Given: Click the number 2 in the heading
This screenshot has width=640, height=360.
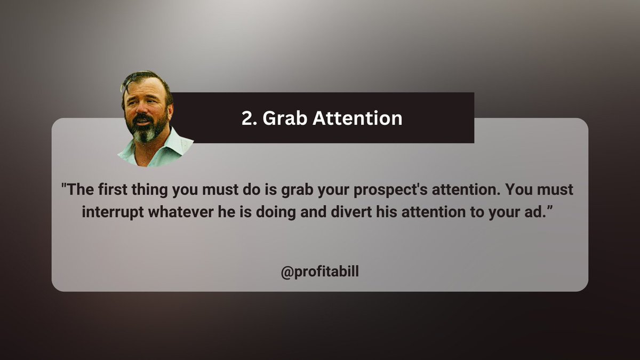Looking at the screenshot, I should (x=246, y=118).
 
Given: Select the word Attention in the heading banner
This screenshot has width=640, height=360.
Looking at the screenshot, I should (x=357, y=118).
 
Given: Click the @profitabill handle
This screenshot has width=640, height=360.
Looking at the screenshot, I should (x=319, y=272).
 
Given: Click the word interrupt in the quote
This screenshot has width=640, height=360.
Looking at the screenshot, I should (x=113, y=211).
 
